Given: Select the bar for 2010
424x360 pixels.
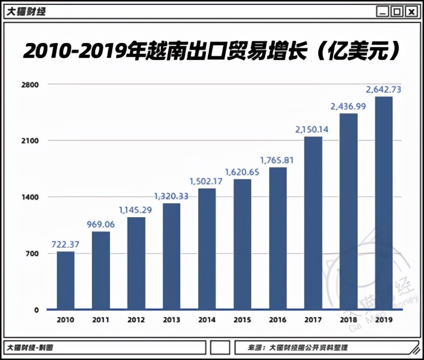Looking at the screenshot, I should (x=65, y=280).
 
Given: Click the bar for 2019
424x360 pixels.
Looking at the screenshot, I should (x=384, y=203).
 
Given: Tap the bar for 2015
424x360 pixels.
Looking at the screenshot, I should (x=242, y=244).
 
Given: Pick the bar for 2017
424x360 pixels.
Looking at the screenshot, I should (x=313, y=223).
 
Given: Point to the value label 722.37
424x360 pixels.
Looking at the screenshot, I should (x=65, y=244).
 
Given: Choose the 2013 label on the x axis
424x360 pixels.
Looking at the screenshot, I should (x=172, y=320).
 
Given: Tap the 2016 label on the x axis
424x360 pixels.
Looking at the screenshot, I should (x=277, y=320).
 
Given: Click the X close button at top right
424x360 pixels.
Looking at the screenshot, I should (x=410, y=11).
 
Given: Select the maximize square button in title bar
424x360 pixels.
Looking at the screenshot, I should (x=396, y=11).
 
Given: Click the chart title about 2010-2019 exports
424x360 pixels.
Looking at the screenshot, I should (x=211, y=52).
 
